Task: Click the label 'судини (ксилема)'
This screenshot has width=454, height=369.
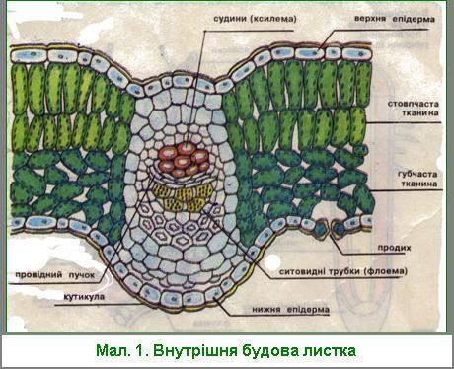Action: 255,19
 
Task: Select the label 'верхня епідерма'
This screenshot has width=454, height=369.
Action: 395,19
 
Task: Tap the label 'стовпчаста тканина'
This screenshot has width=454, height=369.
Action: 414,109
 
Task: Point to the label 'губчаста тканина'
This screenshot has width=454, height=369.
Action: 417,179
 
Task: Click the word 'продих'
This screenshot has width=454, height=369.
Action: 394,248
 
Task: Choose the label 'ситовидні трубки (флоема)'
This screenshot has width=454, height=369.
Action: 343,272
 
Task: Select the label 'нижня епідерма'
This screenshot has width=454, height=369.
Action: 291,310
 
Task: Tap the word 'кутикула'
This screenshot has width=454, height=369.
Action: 84,297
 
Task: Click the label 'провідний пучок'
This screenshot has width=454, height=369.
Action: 55,275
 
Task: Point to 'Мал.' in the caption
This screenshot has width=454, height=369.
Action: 113,350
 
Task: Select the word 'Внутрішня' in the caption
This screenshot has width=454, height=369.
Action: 195,350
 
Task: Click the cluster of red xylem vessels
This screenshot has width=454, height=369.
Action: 184,160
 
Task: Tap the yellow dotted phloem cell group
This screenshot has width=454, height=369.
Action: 184,195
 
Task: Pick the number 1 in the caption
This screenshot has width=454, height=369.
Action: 140,350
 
